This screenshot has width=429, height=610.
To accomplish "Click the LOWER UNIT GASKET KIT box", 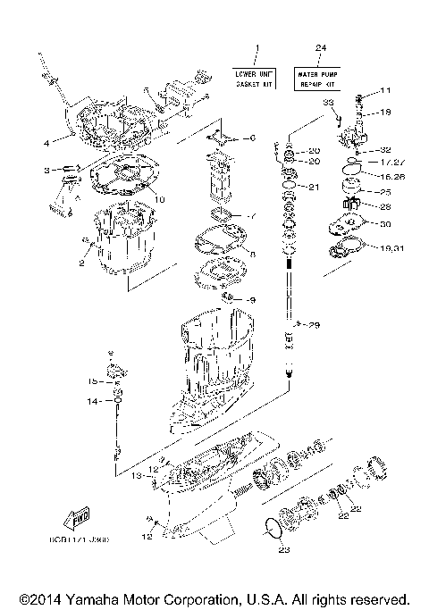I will click(x=255, y=78).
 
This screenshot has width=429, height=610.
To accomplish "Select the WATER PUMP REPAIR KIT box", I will click(x=319, y=78).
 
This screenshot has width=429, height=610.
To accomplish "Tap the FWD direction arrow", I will click(x=72, y=519).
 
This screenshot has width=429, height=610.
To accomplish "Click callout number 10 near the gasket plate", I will click(x=161, y=197).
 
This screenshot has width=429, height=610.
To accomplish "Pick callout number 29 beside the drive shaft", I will click(x=315, y=324).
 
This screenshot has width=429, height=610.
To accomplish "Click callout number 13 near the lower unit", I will click(x=138, y=478).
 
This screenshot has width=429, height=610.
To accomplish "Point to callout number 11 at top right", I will click(x=386, y=91).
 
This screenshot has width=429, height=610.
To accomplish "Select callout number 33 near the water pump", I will click(x=327, y=104).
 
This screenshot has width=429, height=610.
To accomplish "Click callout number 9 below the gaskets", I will click(x=252, y=299).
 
